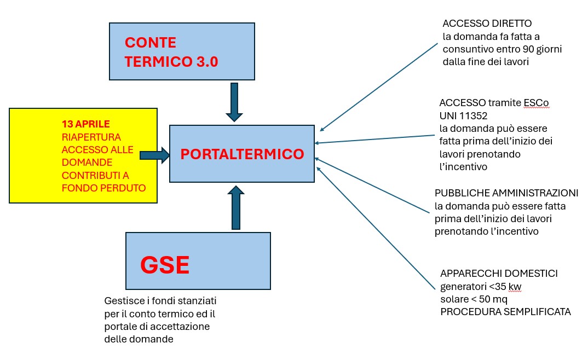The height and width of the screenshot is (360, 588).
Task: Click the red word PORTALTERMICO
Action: (x=242, y=154)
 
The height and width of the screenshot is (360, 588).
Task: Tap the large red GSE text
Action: (x=165, y=265)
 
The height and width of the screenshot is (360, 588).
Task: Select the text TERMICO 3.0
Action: (x=171, y=62)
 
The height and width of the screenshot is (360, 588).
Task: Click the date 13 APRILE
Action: (x=85, y=124)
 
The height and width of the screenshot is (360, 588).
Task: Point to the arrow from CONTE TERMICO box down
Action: (x=234, y=102)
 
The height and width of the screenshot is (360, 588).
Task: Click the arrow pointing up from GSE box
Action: (x=236, y=207)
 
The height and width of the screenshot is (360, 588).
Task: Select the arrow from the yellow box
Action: (x=154, y=155)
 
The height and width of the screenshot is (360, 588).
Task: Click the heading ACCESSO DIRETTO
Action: (x=487, y=23)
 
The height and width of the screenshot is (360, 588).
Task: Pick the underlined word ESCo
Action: (x=536, y=103)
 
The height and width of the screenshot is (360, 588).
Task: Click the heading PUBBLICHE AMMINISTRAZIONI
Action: (x=506, y=193)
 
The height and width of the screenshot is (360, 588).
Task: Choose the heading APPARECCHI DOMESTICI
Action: (x=499, y=274)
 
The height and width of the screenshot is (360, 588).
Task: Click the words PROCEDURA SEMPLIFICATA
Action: (x=505, y=312)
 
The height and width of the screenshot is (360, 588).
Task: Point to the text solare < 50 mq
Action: (x=474, y=299)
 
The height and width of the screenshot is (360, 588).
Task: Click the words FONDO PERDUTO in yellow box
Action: (x=103, y=188)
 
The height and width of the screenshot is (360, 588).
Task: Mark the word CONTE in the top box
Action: (x=151, y=43)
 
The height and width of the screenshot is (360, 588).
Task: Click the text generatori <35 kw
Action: (x=481, y=287)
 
